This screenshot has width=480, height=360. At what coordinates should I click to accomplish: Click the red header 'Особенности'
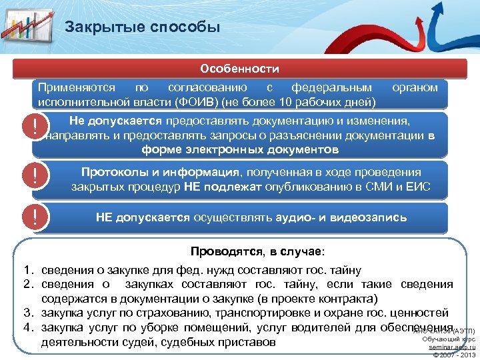[x=240, y=69]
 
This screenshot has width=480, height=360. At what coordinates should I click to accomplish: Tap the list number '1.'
[x=28, y=270]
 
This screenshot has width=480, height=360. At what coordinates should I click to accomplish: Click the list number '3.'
[x=28, y=313]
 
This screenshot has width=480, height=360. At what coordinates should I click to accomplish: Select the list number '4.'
[x=28, y=327]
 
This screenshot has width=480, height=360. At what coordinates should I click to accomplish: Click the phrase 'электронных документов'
[x=259, y=149]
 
